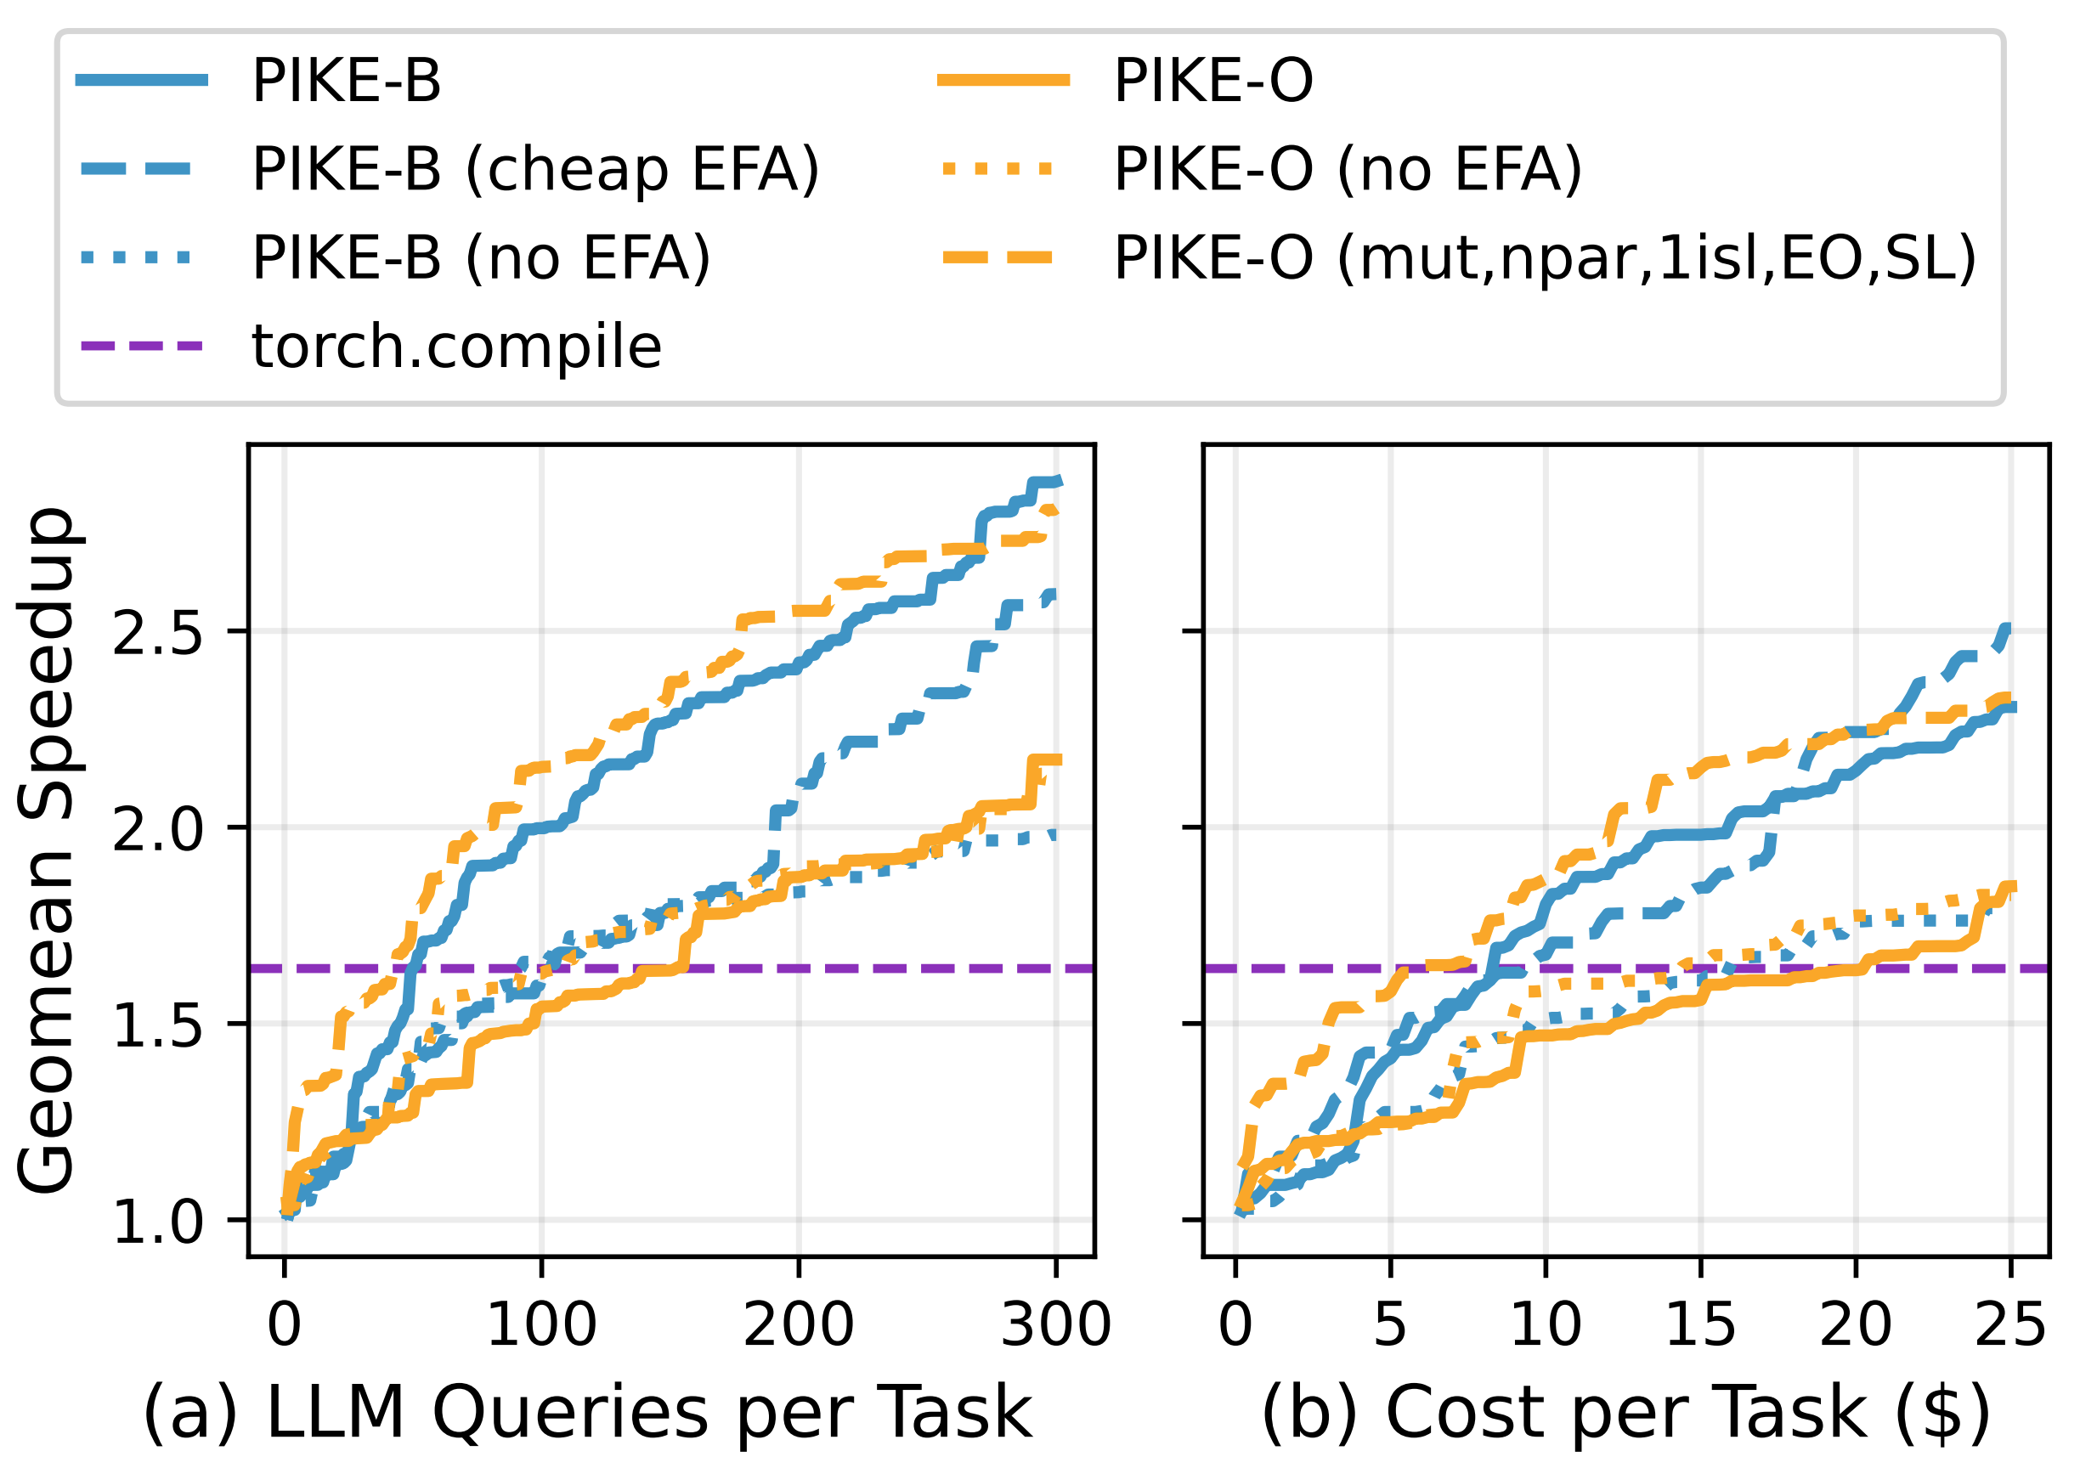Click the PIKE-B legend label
pos(346,82)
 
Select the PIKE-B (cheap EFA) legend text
pos(535,169)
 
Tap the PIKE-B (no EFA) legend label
pos(481,258)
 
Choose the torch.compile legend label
pos(456,347)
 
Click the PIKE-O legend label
pos(1213,82)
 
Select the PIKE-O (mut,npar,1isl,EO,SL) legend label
pos(1546,258)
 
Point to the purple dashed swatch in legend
pos(142,347)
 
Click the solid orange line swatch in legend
pos(1003,82)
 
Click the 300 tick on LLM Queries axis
pos(1055,1325)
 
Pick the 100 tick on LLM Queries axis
pos(542,1325)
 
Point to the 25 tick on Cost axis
pos(2010,1325)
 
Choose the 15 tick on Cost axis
pos(1700,1325)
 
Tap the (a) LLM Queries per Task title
pos(587,1413)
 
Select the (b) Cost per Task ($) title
pos(1625,1413)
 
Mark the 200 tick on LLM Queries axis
pos(798,1325)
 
